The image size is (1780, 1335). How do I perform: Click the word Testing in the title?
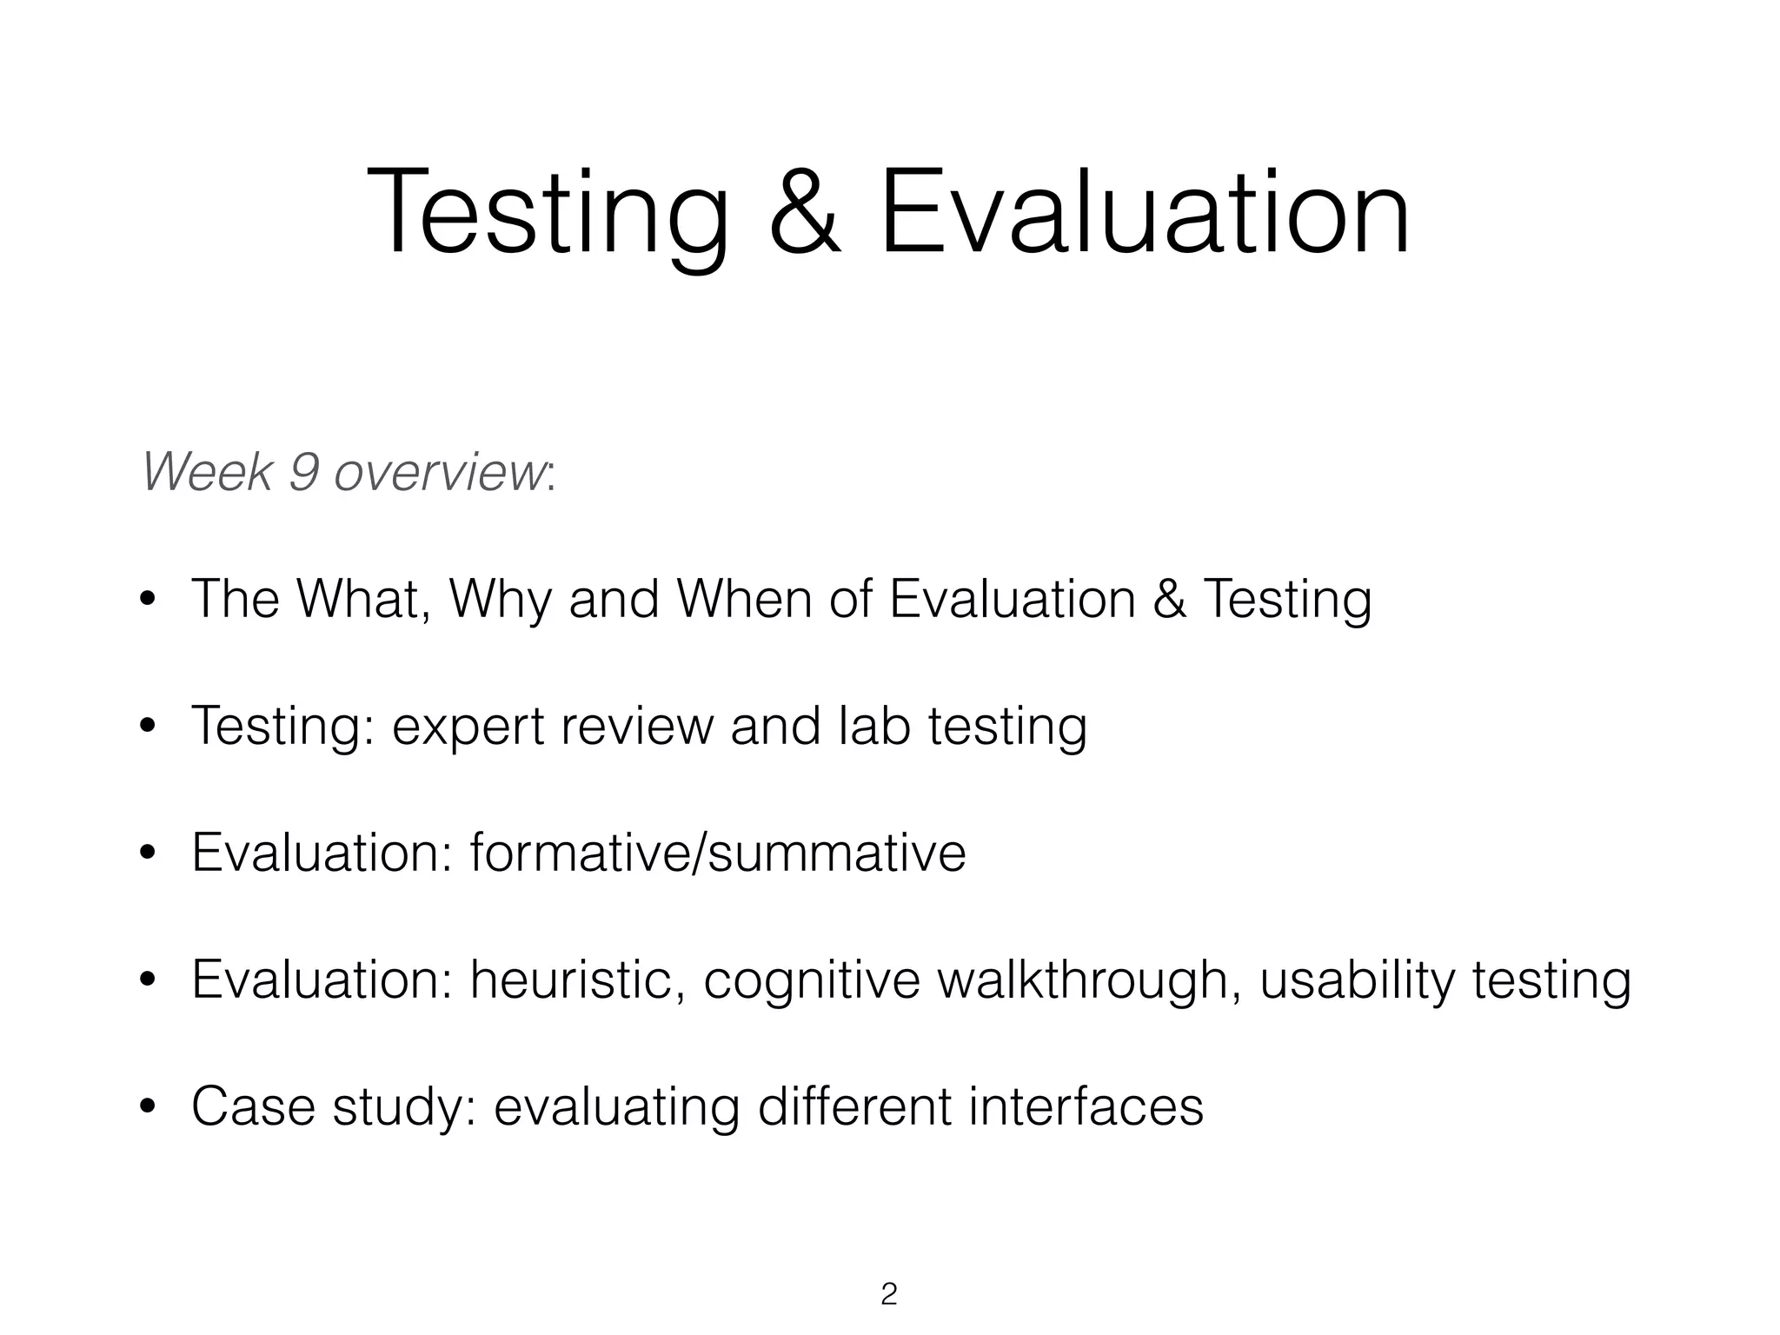coord(548,213)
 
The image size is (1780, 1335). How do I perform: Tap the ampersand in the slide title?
coord(805,213)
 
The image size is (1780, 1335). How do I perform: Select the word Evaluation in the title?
coord(1144,213)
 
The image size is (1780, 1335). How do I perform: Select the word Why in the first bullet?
coord(499,599)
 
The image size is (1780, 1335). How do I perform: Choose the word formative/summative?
coord(718,853)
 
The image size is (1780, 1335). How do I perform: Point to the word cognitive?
coord(812,980)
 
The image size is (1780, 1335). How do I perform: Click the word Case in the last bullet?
coord(253,1106)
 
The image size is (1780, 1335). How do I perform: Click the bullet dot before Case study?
coord(148,1106)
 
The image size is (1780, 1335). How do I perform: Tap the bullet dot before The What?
coord(148,599)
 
